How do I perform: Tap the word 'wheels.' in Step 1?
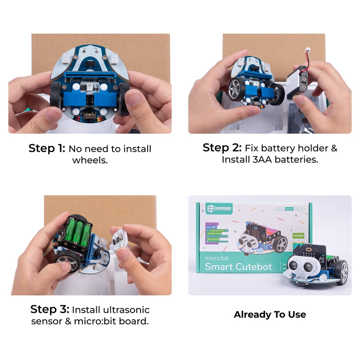[x=90, y=160]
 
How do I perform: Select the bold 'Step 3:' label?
[x=49, y=310]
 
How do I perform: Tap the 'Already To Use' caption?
[x=270, y=315]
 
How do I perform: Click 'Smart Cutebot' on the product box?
[x=238, y=266]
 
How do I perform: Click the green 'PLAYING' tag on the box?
[x=298, y=235]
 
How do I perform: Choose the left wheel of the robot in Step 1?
[x=55, y=95]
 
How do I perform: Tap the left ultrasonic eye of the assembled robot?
[x=293, y=266]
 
